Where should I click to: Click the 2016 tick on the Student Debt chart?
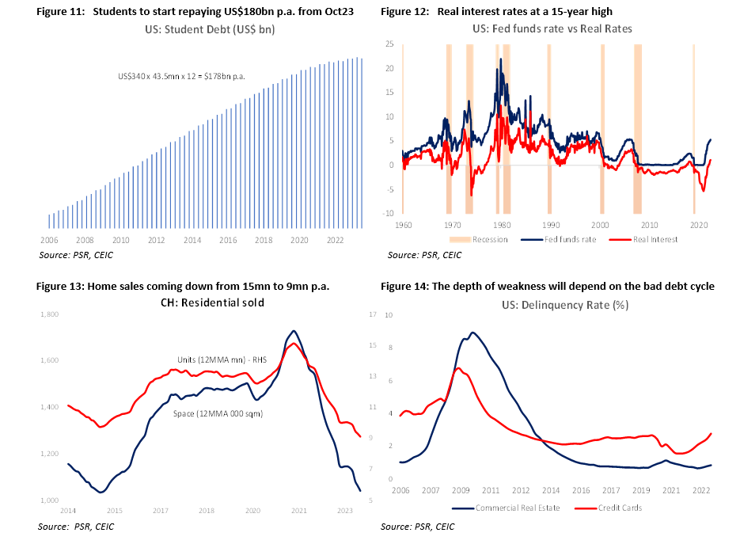tap(228, 240)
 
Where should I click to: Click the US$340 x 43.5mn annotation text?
tap(181, 76)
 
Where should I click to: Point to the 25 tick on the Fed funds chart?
tap(389, 44)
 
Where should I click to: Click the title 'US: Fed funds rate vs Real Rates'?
tap(552, 29)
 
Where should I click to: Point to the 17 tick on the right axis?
tap(373, 315)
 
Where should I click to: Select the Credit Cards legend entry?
tap(618, 508)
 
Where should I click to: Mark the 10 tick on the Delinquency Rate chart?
tap(389, 315)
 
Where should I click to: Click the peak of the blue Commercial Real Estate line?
tap(472, 333)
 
